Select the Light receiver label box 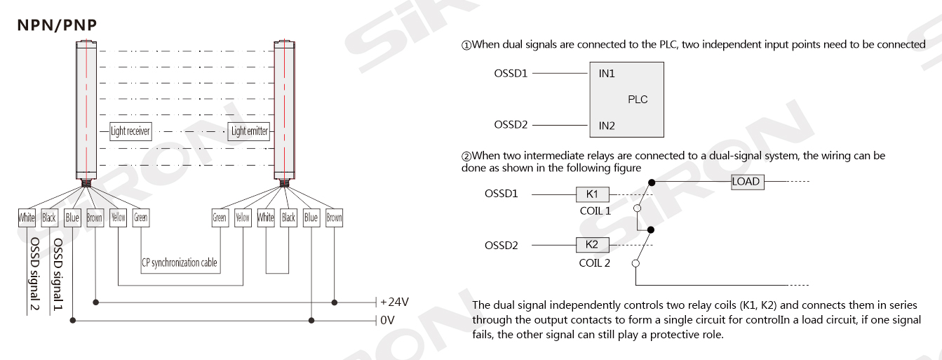tap(130, 131)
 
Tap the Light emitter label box tap(249, 131)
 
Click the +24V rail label tap(395, 302)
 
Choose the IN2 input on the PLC tap(607, 126)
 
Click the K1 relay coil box tap(593, 194)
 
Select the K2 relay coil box tap(593, 245)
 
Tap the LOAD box tap(746, 182)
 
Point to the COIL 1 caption tap(596, 209)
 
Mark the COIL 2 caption tap(596, 262)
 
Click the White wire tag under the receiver tap(27, 218)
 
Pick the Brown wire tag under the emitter tap(335, 218)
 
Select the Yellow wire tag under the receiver tap(119, 218)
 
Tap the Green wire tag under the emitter tap(220, 218)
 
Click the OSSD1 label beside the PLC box tap(511, 73)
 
